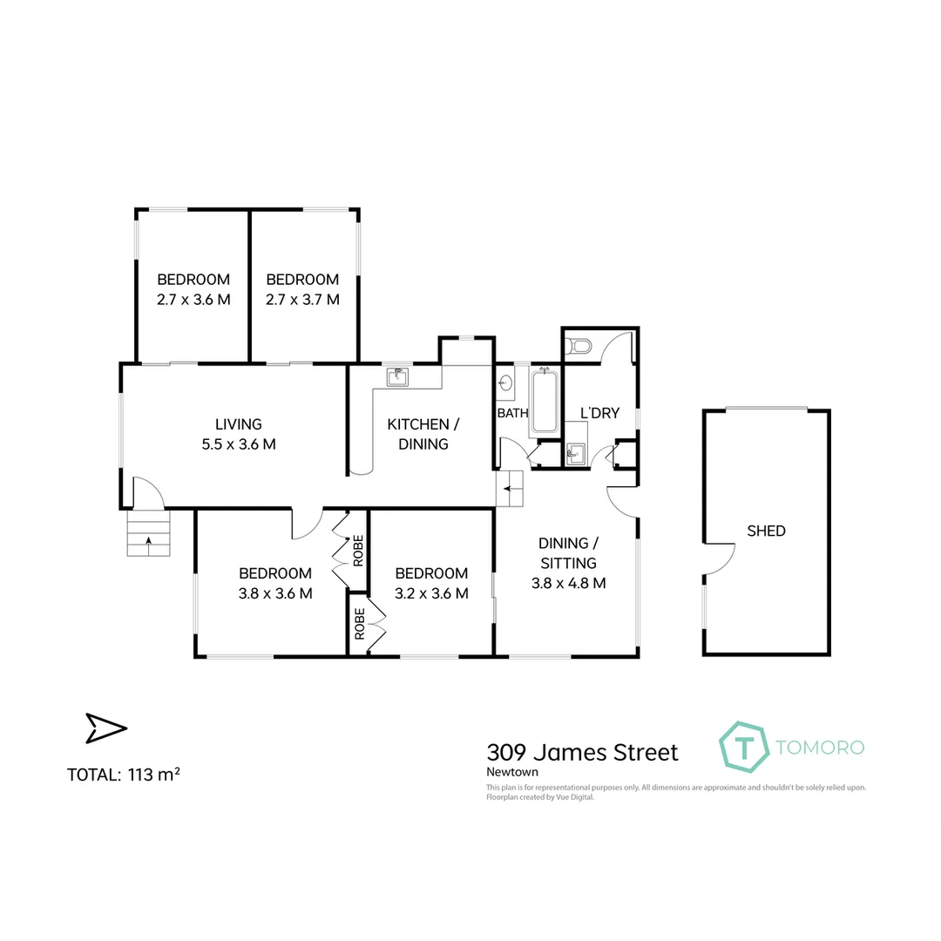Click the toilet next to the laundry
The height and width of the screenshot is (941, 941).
579,347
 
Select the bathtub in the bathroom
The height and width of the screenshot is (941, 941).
545,401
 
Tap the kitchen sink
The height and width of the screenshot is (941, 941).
398,376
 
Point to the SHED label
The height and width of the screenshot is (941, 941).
766,531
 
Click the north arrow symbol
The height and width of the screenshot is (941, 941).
105,728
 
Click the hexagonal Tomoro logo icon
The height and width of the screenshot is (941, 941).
743,747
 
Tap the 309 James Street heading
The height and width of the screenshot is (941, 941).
581,751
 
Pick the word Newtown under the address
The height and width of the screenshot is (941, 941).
512,771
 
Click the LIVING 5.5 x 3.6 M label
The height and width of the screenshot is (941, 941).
239,434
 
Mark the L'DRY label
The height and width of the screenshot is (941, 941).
599,413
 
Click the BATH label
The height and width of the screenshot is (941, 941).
512,413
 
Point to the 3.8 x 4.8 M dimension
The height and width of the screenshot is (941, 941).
568,584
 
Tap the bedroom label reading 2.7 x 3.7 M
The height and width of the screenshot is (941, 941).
302,300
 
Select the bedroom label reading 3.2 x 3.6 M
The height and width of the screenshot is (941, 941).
431,594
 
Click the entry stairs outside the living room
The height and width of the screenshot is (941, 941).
149,533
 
